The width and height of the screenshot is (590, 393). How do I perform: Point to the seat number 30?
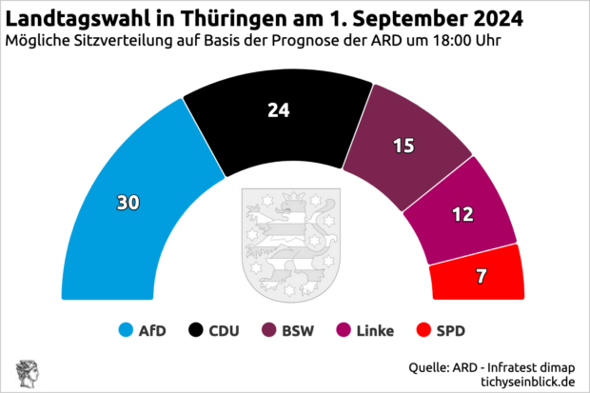click(128, 203)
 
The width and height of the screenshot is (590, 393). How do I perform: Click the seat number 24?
click(278, 110)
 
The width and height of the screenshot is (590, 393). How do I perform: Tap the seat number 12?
click(462, 214)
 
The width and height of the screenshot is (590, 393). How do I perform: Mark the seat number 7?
click(481, 277)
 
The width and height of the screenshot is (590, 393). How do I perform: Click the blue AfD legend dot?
click(125, 331)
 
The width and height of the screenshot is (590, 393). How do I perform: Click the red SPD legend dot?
click(423, 331)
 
